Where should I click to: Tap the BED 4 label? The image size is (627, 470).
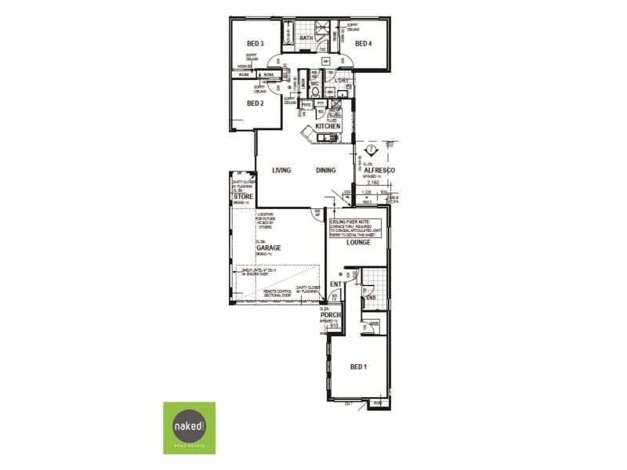[363, 44]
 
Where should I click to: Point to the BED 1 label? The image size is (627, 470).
[358, 367]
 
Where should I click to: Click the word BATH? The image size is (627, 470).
[306, 38]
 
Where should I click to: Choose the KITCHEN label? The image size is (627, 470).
[328, 126]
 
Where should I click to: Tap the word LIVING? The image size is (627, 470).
[281, 170]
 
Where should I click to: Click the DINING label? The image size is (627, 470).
[326, 170]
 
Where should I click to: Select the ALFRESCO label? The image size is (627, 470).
[379, 170]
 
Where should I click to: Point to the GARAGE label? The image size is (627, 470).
[268, 248]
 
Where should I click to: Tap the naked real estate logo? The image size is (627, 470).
[189, 428]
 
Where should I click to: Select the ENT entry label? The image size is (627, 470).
[335, 284]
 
